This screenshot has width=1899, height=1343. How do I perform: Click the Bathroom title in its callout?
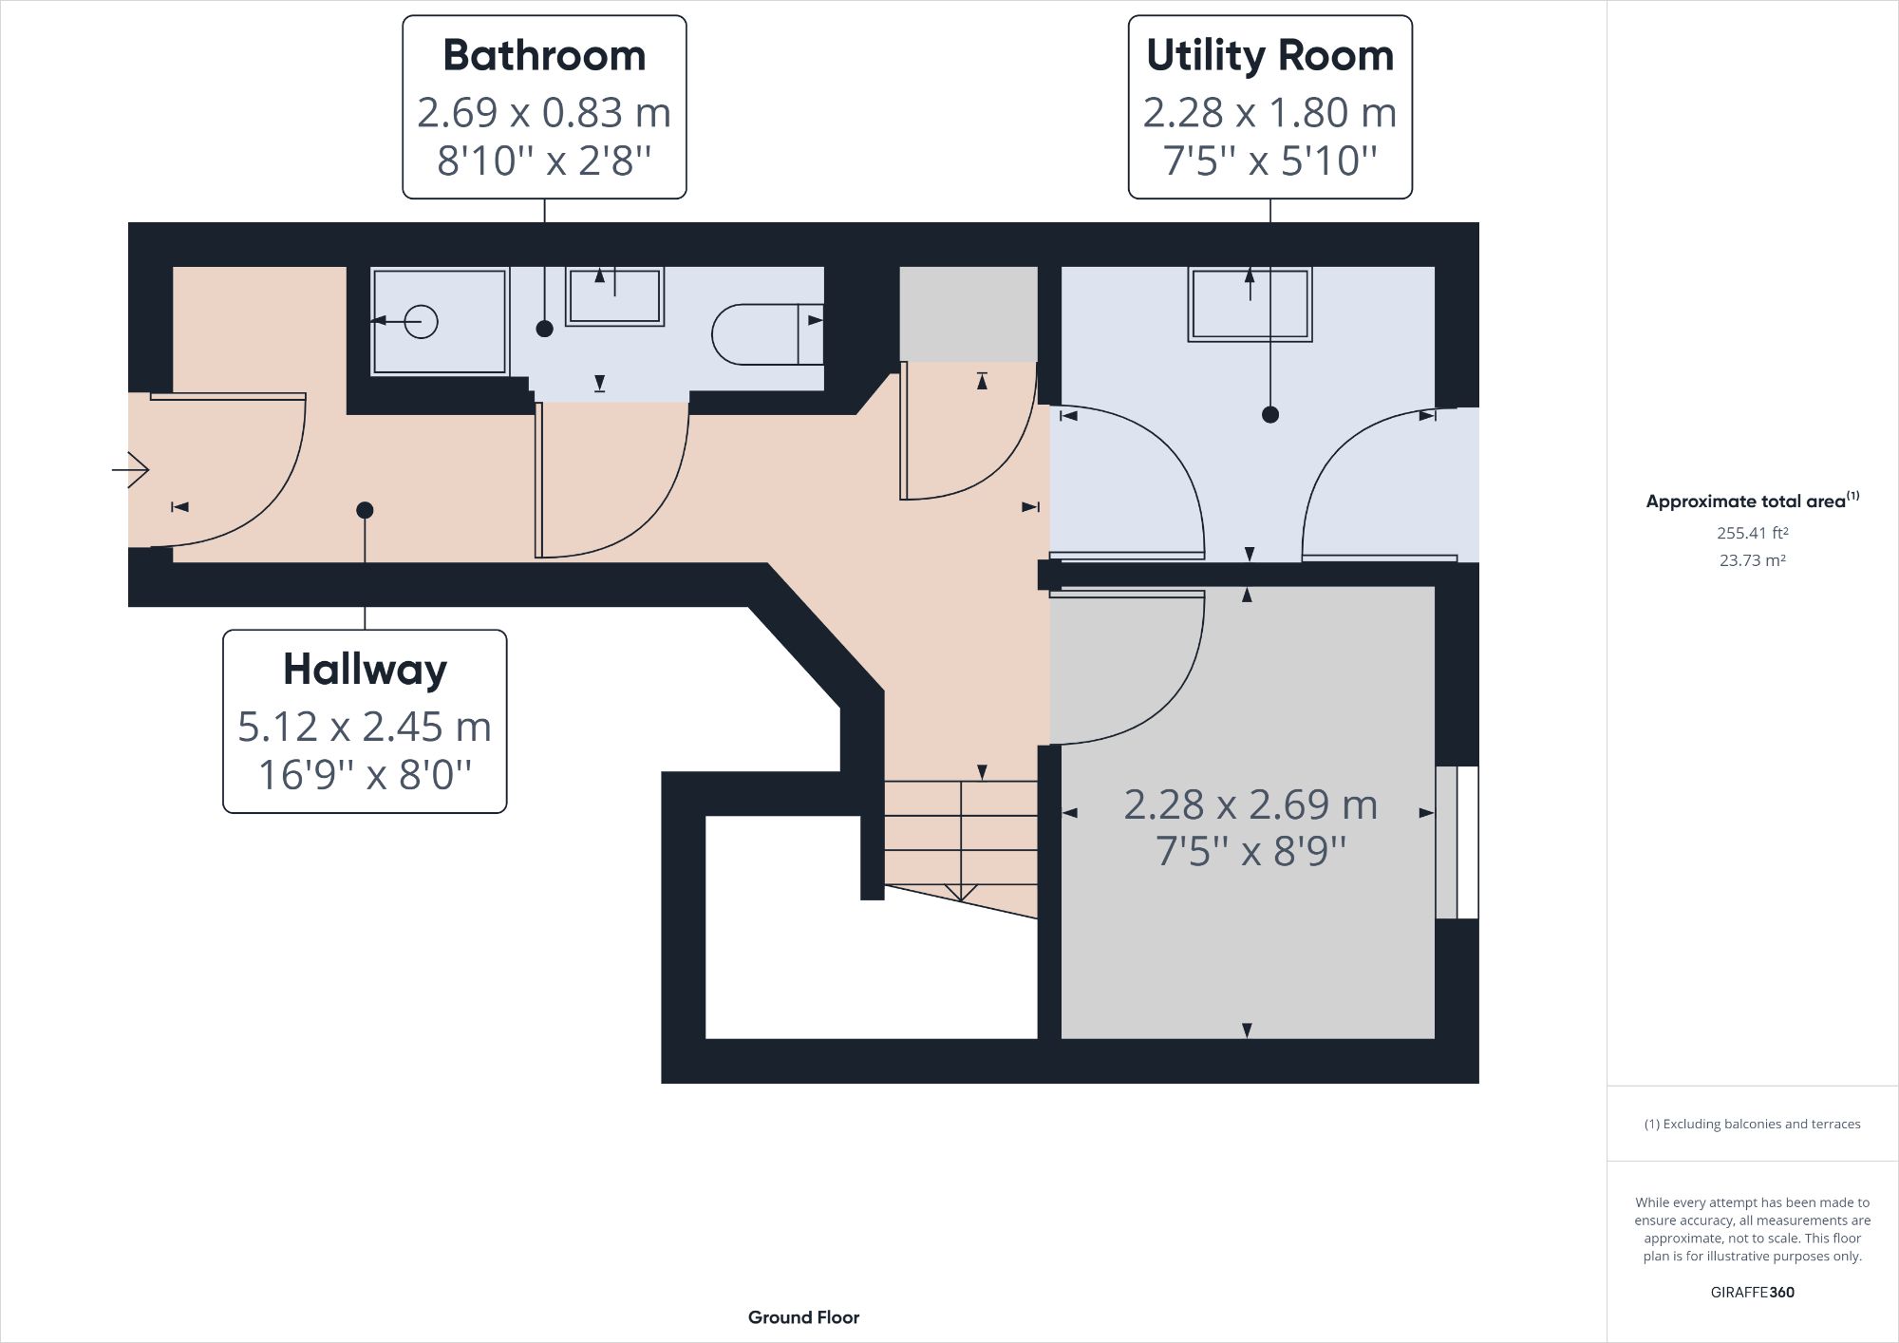click(544, 56)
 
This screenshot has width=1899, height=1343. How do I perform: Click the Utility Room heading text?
click(1269, 56)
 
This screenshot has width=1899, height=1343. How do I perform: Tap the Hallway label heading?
click(365, 670)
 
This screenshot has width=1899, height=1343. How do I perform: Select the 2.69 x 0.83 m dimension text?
click(544, 113)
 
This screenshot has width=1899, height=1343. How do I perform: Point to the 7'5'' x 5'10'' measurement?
click(1269, 161)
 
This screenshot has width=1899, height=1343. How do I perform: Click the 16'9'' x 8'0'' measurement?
click(365, 775)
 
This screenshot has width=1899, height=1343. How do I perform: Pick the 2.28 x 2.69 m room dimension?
click(1250, 804)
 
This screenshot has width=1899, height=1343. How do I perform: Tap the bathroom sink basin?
click(614, 296)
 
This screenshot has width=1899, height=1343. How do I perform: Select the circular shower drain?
click(421, 322)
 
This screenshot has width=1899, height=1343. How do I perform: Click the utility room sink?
click(1250, 304)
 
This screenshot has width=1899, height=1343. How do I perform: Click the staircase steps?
click(960, 836)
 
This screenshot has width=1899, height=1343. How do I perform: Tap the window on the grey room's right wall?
click(1457, 842)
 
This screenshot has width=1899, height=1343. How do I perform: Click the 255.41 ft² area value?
click(1752, 533)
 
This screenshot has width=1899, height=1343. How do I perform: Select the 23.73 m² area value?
click(1752, 560)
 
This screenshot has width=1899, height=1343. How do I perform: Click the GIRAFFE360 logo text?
click(1752, 1292)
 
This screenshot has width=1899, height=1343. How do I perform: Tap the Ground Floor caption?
click(803, 1317)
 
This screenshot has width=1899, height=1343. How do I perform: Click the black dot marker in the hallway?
click(365, 511)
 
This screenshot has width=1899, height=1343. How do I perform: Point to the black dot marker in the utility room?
click(1270, 414)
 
